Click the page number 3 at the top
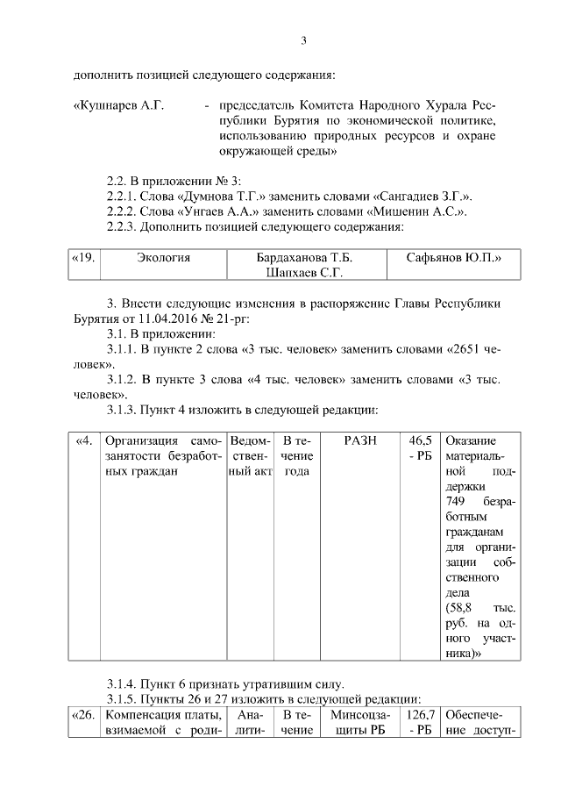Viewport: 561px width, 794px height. point(303,40)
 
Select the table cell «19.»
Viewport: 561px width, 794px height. point(83,258)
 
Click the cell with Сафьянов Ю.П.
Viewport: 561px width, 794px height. point(454,258)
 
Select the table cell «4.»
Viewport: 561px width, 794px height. point(84,440)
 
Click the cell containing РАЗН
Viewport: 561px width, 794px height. point(360,440)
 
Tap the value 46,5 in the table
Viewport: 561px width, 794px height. point(421,440)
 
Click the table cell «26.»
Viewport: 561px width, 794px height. point(83,715)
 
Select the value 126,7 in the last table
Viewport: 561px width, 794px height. point(421,715)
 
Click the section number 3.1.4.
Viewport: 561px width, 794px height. point(126,683)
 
